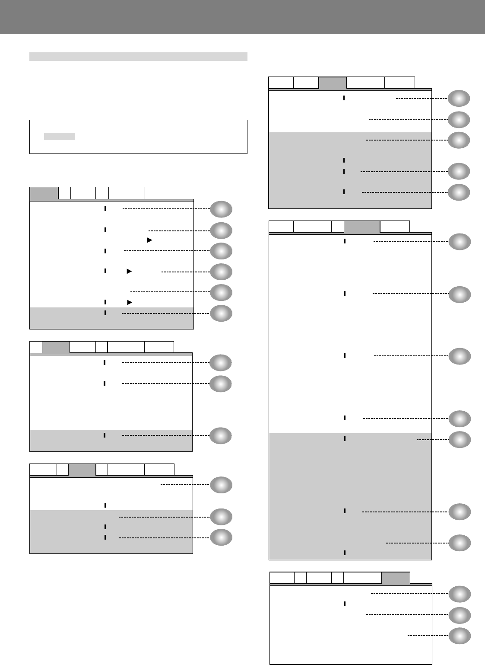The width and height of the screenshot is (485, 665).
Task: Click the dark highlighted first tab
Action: point(44,193)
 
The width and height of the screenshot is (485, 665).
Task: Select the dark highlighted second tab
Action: point(56,347)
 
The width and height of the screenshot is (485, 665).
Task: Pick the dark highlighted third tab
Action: point(82,470)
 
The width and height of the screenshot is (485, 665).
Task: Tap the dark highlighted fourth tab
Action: point(333,83)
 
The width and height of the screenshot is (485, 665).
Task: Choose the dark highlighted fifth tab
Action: point(362,227)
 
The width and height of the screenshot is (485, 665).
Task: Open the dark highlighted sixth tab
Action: point(396,578)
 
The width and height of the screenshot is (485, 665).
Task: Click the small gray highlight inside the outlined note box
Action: point(60,137)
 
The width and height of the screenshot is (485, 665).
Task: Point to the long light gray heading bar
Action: point(138,57)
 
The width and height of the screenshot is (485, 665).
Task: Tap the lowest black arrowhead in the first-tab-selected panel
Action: point(129,302)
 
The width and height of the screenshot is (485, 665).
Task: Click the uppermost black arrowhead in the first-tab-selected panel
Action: point(149,240)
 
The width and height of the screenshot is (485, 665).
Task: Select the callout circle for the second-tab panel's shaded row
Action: point(220,436)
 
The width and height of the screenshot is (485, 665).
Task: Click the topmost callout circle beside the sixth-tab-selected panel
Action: point(459,594)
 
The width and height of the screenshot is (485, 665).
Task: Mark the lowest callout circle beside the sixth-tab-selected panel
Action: point(459,636)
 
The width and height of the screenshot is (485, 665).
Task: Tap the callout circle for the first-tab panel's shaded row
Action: point(221,313)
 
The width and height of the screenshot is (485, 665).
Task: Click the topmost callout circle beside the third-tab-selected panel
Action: point(221,485)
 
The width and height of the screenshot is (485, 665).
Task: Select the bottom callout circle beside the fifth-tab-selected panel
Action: point(459,543)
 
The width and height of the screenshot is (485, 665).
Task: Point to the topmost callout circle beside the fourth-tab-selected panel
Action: point(459,99)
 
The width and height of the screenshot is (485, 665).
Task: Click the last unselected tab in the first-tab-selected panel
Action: point(160,193)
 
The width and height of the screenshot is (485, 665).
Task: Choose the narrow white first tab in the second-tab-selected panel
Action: point(36,347)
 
